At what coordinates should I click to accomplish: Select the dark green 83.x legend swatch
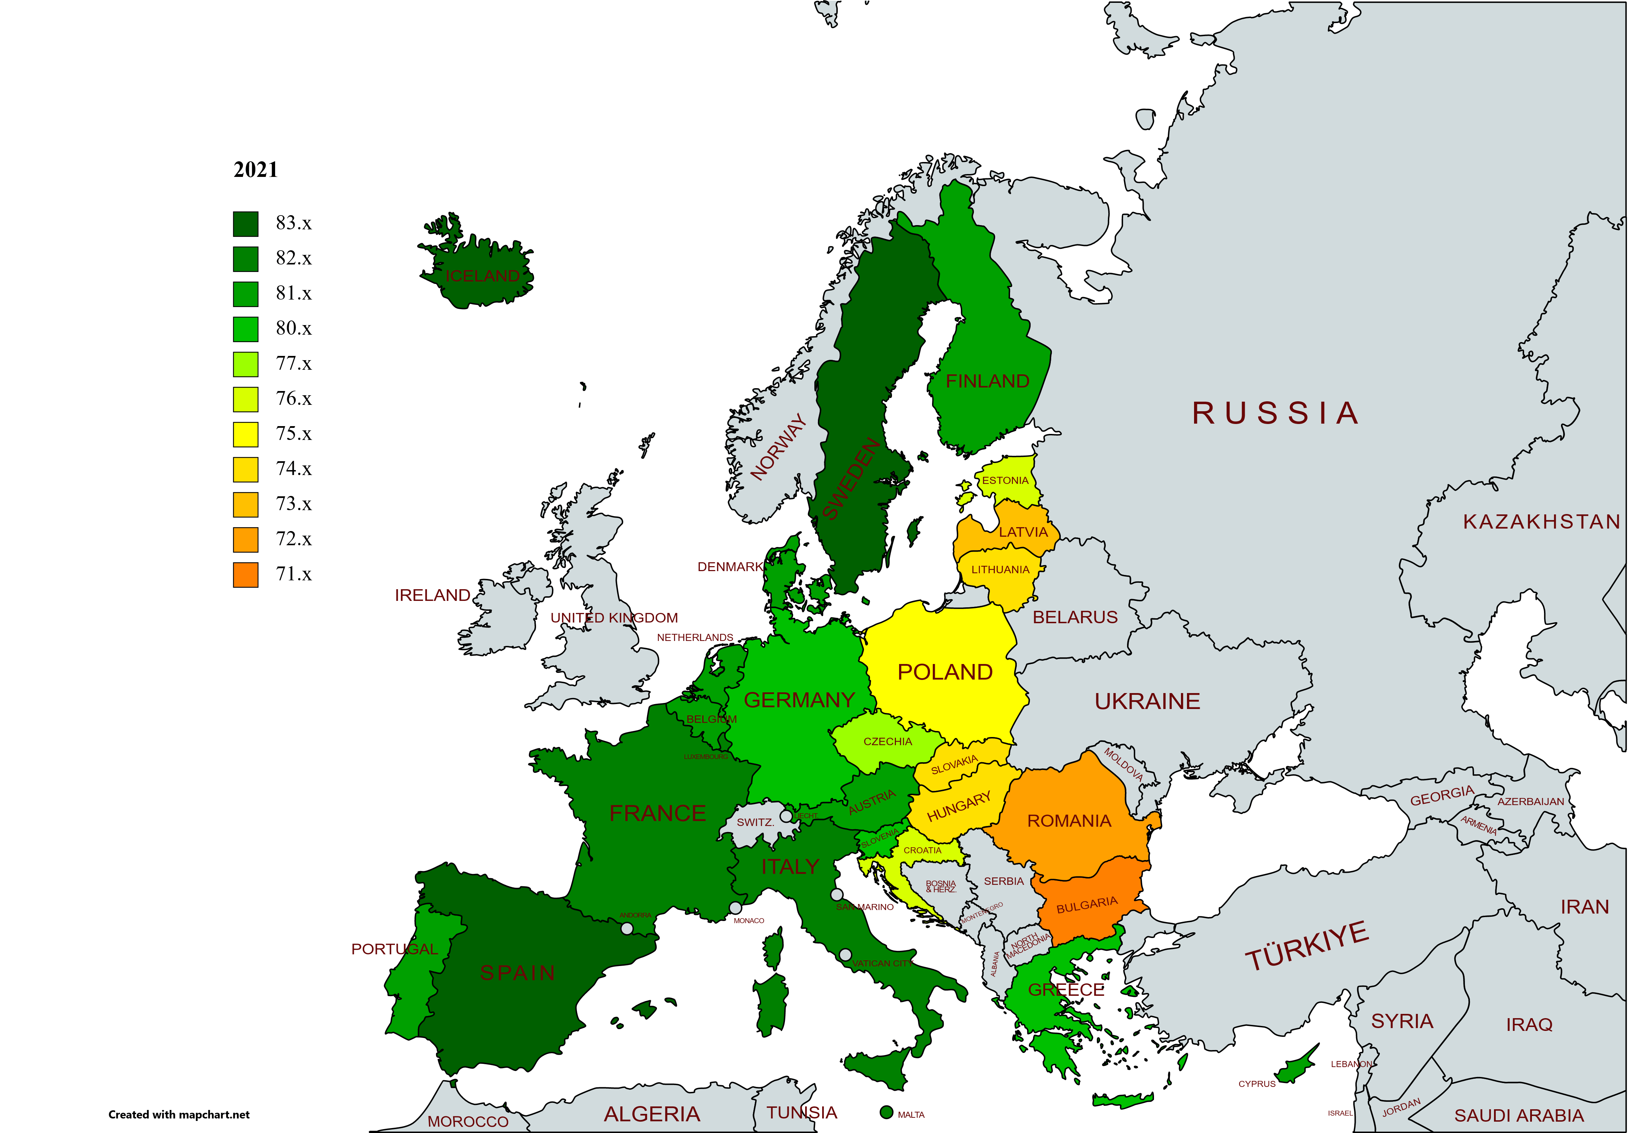click(x=245, y=224)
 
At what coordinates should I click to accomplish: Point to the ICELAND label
click(x=482, y=276)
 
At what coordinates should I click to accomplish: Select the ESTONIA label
click(x=1005, y=481)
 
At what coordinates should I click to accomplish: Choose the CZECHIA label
click(x=888, y=742)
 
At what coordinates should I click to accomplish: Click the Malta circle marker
click(x=886, y=1112)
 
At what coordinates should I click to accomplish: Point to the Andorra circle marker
click(x=627, y=928)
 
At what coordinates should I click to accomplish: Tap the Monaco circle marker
click(x=735, y=908)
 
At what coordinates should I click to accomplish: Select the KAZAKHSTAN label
click(x=1541, y=522)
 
